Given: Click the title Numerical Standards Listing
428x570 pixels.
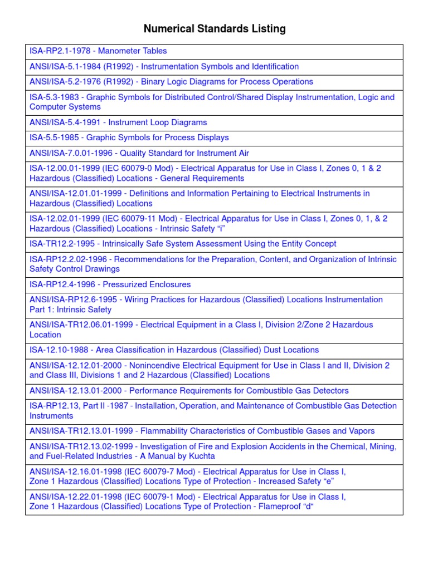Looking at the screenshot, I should tap(215, 29).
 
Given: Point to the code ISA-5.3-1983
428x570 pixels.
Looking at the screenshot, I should tap(54, 97).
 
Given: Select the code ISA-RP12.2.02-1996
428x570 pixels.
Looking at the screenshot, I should tap(67, 259).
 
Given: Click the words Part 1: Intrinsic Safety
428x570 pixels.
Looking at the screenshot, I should tap(70, 310).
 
